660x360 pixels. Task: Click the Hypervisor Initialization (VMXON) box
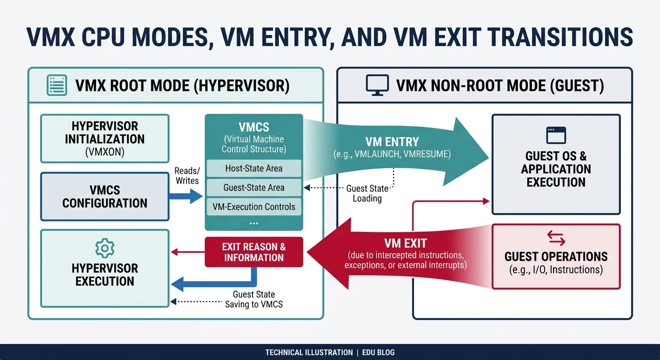click(105, 139)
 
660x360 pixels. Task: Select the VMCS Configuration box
click(105, 196)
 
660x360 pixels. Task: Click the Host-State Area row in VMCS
click(254, 168)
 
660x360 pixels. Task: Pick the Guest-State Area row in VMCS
click(254, 187)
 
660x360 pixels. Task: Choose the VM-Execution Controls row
click(254, 207)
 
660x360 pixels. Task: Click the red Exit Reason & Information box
click(254, 252)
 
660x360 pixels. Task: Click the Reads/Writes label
click(187, 176)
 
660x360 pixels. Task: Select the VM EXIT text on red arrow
click(405, 243)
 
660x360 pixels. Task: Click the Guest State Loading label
click(367, 194)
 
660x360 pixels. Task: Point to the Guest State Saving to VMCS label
click(254, 300)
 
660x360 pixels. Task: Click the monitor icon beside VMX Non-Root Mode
click(377, 86)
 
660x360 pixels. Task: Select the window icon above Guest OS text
click(556, 135)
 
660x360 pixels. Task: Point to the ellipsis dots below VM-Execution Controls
click(254, 223)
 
